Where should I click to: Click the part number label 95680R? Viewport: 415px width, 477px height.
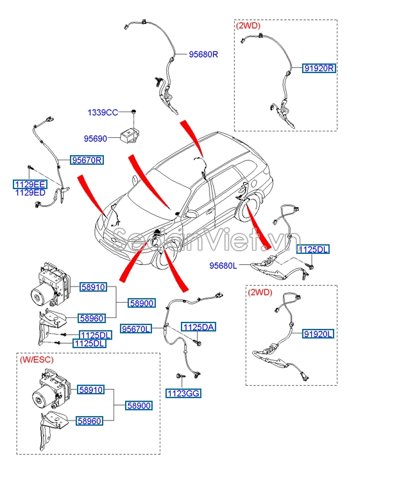(x=203, y=54)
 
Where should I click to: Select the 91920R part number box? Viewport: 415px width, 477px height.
(x=319, y=68)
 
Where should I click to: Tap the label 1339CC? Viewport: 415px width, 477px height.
(x=103, y=112)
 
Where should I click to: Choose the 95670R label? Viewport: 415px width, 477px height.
(x=87, y=160)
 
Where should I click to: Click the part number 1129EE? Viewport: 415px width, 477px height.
(x=30, y=184)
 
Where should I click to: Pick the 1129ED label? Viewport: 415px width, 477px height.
(x=30, y=192)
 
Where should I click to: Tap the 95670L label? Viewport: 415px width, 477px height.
(x=137, y=329)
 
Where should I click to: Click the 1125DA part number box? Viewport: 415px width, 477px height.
(x=198, y=327)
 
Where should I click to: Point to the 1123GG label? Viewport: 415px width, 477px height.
(x=182, y=393)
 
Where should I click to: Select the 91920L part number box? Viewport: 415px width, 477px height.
(x=319, y=334)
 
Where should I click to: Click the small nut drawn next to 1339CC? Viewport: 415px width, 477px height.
(x=133, y=112)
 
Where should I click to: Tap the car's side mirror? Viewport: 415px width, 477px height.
(x=191, y=214)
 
